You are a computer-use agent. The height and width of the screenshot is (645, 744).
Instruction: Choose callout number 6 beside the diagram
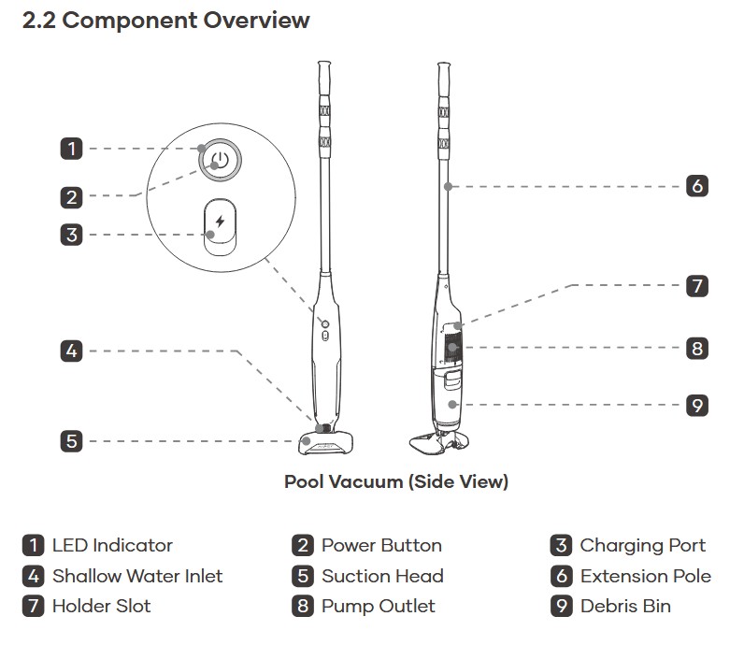pos(696,186)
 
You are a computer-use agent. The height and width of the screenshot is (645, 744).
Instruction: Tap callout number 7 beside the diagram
pos(696,286)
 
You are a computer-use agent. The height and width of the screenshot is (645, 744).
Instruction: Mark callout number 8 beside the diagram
pos(696,349)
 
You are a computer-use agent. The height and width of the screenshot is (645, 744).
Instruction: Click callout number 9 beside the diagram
pos(696,406)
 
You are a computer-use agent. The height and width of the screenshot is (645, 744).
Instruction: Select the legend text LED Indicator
pos(112,545)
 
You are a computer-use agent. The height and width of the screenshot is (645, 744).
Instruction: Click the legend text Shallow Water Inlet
pos(137,576)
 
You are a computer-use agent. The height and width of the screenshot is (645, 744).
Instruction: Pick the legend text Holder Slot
pos(101,606)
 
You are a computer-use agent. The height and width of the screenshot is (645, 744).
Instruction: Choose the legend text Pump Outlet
pos(378,606)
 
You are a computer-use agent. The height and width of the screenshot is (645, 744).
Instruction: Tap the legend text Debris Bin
pos(625,606)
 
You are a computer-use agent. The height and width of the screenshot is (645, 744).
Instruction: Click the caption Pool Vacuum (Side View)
pos(396,482)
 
